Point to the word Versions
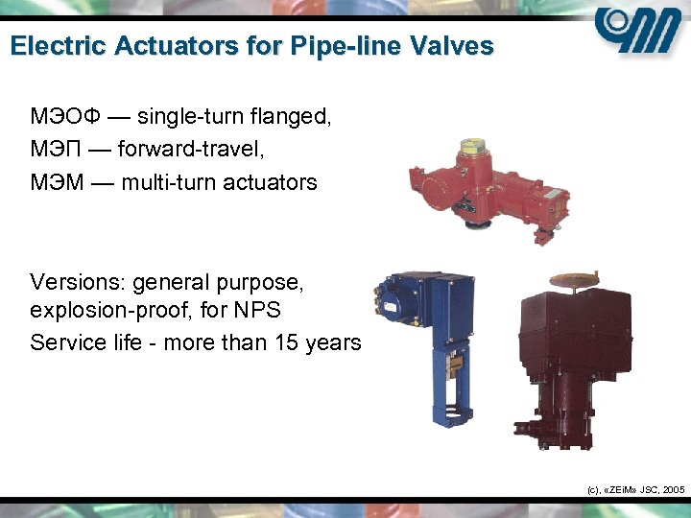76,283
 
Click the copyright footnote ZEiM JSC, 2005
634,489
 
